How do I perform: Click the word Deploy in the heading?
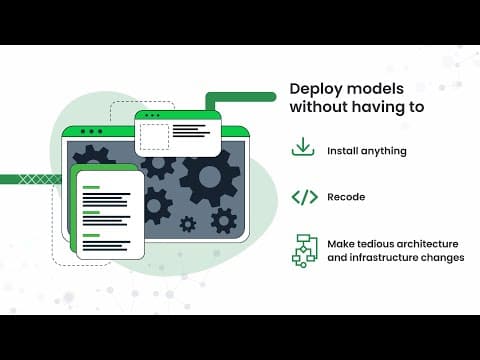[316, 89]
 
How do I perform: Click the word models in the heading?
[376, 89]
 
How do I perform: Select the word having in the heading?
[378, 107]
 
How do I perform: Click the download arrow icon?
[303, 147]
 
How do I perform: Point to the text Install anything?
[367, 151]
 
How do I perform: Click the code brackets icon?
[305, 197]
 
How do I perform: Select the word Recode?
[346, 197]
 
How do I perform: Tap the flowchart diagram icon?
[305, 251]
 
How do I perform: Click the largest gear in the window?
[210, 177]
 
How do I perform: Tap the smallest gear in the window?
[188, 224]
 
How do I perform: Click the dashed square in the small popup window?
[154, 137]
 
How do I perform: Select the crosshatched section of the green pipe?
[39, 179]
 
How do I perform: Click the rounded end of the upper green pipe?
[272, 97]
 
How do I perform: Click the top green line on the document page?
[91, 187]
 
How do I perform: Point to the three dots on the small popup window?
[152, 115]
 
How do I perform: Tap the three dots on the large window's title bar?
[92, 132]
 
